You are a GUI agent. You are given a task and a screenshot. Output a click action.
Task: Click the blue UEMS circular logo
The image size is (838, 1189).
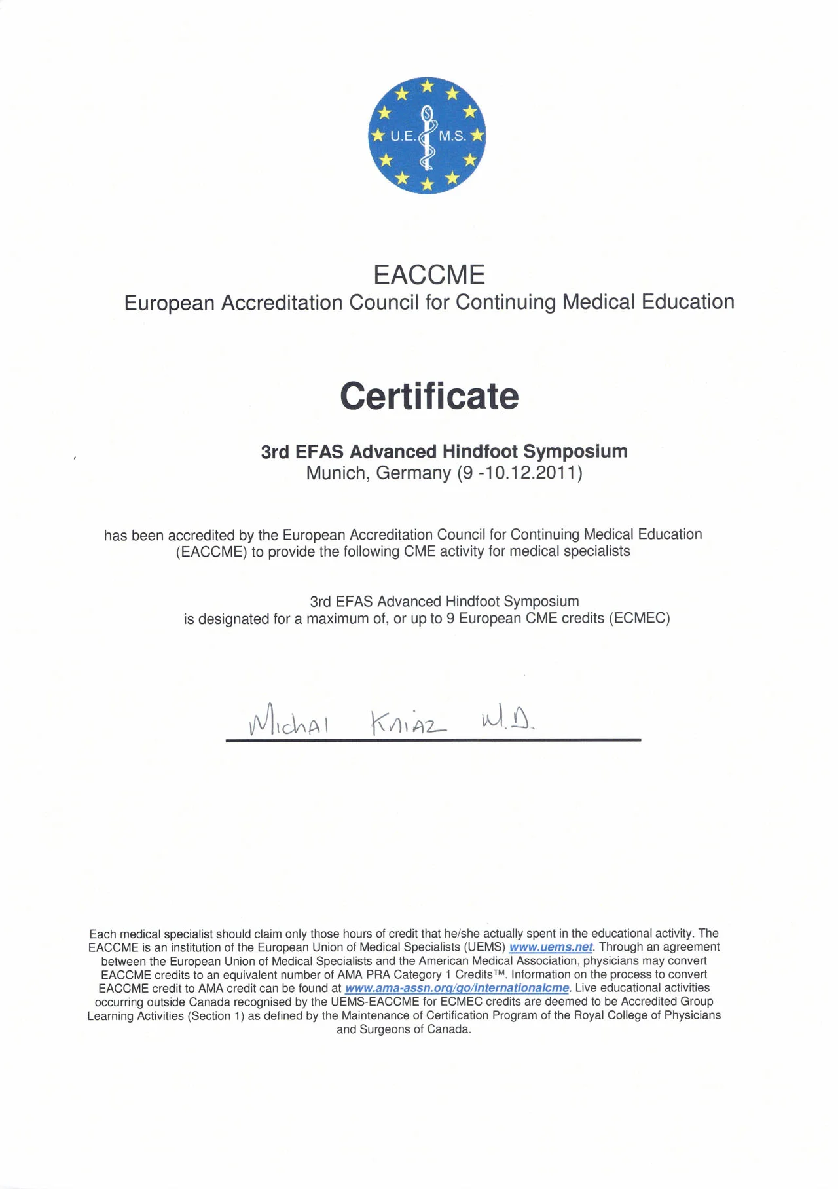pyautogui.click(x=427, y=136)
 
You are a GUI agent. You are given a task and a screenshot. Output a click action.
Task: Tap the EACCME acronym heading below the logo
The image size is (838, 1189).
pyautogui.click(x=429, y=275)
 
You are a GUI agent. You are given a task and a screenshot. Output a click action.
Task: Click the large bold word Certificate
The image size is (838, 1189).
pyautogui.click(x=429, y=396)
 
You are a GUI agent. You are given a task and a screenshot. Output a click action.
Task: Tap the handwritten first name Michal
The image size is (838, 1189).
pyautogui.click(x=288, y=722)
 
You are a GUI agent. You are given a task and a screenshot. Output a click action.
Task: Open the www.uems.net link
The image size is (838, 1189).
pyautogui.click(x=551, y=947)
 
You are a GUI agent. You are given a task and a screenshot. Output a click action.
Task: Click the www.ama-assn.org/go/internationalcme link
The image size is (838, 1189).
pyautogui.click(x=457, y=988)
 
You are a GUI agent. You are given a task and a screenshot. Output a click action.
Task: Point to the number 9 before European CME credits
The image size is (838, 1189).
pyautogui.click(x=450, y=619)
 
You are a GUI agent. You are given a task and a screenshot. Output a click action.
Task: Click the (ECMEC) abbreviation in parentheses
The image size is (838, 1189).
pyautogui.click(x=640, y=619)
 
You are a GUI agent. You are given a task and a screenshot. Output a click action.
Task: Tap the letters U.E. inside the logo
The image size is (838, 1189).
pyautogui.click(x=402, y=136)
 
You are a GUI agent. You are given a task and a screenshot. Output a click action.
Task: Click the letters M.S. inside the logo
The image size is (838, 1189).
pyautogui.click(x=452, y=136)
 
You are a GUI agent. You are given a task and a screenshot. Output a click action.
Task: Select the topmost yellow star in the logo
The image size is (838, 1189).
pyautogui.click(x=427, y=85)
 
